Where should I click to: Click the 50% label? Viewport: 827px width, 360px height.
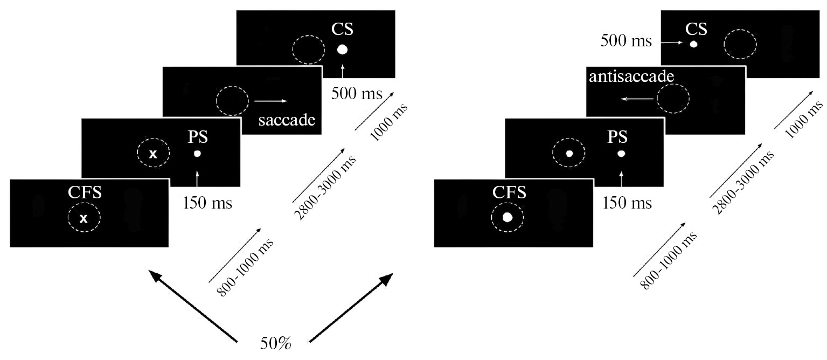[x=274, y=343]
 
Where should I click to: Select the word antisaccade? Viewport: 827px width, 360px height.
[x=631, y=77]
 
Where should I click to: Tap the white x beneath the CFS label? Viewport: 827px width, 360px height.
[x=84, y=218]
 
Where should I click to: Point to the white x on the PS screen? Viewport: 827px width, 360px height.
[x=153, y=154]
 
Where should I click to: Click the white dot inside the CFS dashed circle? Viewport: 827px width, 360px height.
[x=507, y=217]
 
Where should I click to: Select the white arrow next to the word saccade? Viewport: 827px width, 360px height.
[x=270, y=101]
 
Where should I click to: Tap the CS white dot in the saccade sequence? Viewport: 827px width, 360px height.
[x=343, y=50]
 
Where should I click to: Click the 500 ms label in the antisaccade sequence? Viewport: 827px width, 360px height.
[x=627, y=40]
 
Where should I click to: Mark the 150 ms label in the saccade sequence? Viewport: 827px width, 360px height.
[x=207, y=203]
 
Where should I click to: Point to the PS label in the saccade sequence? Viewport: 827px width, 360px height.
[x=198, y=137]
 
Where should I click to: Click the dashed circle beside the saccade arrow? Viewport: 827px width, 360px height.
[x=232, y=100]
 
